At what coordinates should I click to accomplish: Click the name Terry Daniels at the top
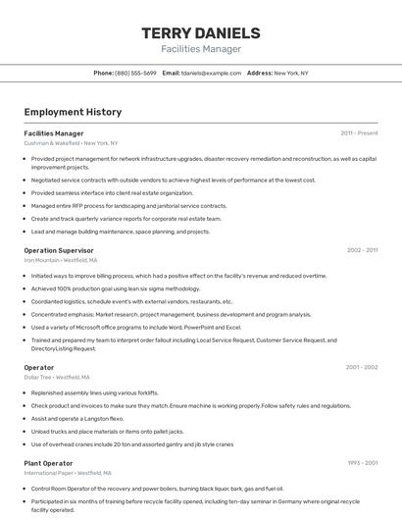pyautogui.click(x=201, y=32)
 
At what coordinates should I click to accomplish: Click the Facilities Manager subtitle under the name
pyautogui.click(x=201, y=49)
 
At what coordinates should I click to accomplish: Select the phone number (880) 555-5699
pyautogui.click(x=135, y=73)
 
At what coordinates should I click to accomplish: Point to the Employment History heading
pyautogui.click(x=73, y=112)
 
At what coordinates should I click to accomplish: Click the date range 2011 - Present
pyautogui.click(x=359, y=132)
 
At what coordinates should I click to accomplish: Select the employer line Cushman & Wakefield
pyautogui.click(x=71, y=143)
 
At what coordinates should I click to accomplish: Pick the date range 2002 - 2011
pyautogui.click(x=362, y=250)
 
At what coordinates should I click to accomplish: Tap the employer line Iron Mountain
pyautogui.click(x=60, y=260)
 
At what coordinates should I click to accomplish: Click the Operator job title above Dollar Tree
pyautogui.click(x=39, y=367)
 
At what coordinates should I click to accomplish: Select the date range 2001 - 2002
pyautogui.click(x=361, y=367)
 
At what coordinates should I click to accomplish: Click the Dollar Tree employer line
pyautogui.click(x=57, y=377)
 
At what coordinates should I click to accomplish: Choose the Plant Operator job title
pyautogui.click(x=48, y=462)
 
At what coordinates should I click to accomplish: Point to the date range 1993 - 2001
pyautogui.click(x=362, y=462)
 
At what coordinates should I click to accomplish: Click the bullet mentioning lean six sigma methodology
pyautogui.click(x=116, y=288)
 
